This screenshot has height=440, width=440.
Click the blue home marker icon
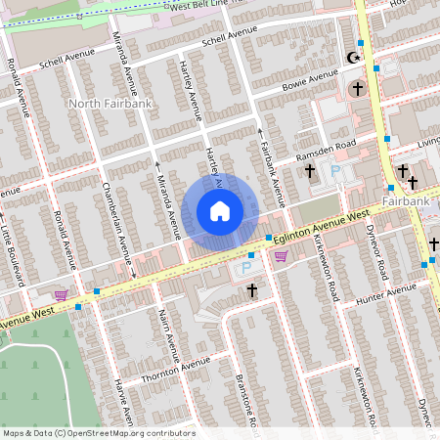tap(220, 210)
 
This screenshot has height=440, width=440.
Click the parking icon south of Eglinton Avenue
tap(245, 267)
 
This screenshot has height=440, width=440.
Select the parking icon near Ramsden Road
tap(336, 172)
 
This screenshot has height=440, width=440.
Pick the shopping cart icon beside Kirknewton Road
tap(282, 256)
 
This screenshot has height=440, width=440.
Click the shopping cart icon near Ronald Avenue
tap(61, 294)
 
